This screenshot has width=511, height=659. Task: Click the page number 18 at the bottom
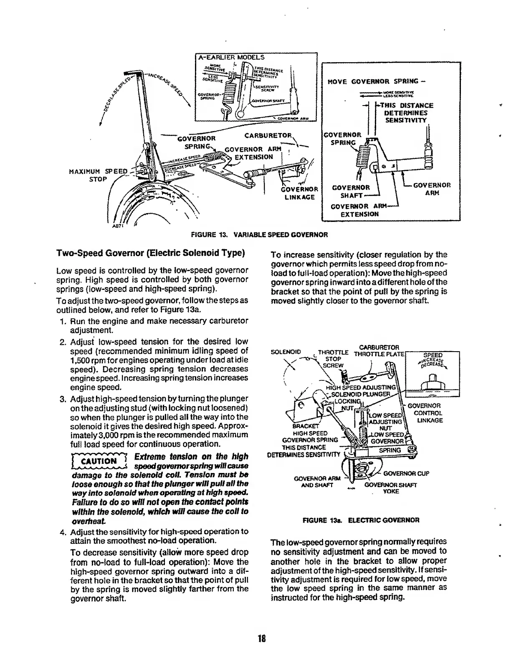click(262, 639)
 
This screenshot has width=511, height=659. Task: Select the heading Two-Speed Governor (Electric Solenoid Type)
click(150, 253)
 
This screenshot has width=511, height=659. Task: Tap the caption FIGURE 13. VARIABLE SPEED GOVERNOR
click(259, 235)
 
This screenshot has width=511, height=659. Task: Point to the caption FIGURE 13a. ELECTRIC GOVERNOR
click(361, 520)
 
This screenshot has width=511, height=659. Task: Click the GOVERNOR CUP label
click(407, 473)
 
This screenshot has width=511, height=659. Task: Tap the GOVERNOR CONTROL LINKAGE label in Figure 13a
click(425, 413)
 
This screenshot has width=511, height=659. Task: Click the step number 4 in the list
click(63, 532)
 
